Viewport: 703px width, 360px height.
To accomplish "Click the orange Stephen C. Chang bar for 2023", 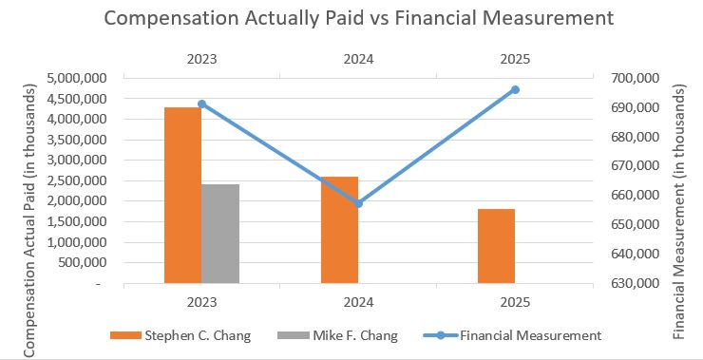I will (182, 195).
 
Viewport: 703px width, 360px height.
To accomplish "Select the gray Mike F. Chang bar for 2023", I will (220, 234).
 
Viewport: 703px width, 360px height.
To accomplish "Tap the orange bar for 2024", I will (339, 230).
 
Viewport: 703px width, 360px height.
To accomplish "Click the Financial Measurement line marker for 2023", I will (201, 104).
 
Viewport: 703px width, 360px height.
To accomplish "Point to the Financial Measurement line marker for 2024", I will (358, 203).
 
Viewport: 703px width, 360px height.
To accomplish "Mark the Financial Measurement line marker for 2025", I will (515, 89).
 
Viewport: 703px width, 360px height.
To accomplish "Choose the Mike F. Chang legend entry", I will (338, 334).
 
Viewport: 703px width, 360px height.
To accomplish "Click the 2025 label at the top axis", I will (515, 59).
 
